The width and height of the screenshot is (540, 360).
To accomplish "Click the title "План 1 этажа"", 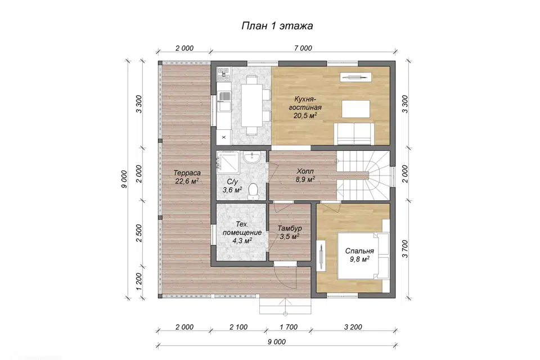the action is [x=277, y=26].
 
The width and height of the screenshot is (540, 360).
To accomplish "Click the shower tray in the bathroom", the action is [x=228, y=160].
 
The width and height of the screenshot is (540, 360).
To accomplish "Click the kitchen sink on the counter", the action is [x=224, y=102].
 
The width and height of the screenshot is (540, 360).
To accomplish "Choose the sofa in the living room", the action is [x=354, y=134].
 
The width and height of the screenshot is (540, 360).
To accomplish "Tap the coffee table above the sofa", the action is [x=355, y=109].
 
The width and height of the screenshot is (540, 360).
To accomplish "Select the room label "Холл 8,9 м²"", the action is [x=305, y=175].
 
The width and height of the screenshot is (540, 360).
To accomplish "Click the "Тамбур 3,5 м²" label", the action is [x=290, y=232].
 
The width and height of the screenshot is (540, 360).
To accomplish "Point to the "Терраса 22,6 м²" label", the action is [x=187, y=177].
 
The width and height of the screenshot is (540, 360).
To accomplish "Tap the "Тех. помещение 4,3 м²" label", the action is [x=242, y=232].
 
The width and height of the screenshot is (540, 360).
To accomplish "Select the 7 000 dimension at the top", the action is [x=303, y=48].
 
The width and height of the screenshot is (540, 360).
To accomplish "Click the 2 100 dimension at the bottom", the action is [x=238, y=327].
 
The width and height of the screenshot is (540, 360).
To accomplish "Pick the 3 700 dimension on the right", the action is [x=404, y=249].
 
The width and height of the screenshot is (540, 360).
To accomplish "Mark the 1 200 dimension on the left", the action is [x=139, y=282].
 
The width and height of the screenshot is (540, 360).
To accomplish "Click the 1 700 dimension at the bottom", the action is [x=289, y=327].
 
